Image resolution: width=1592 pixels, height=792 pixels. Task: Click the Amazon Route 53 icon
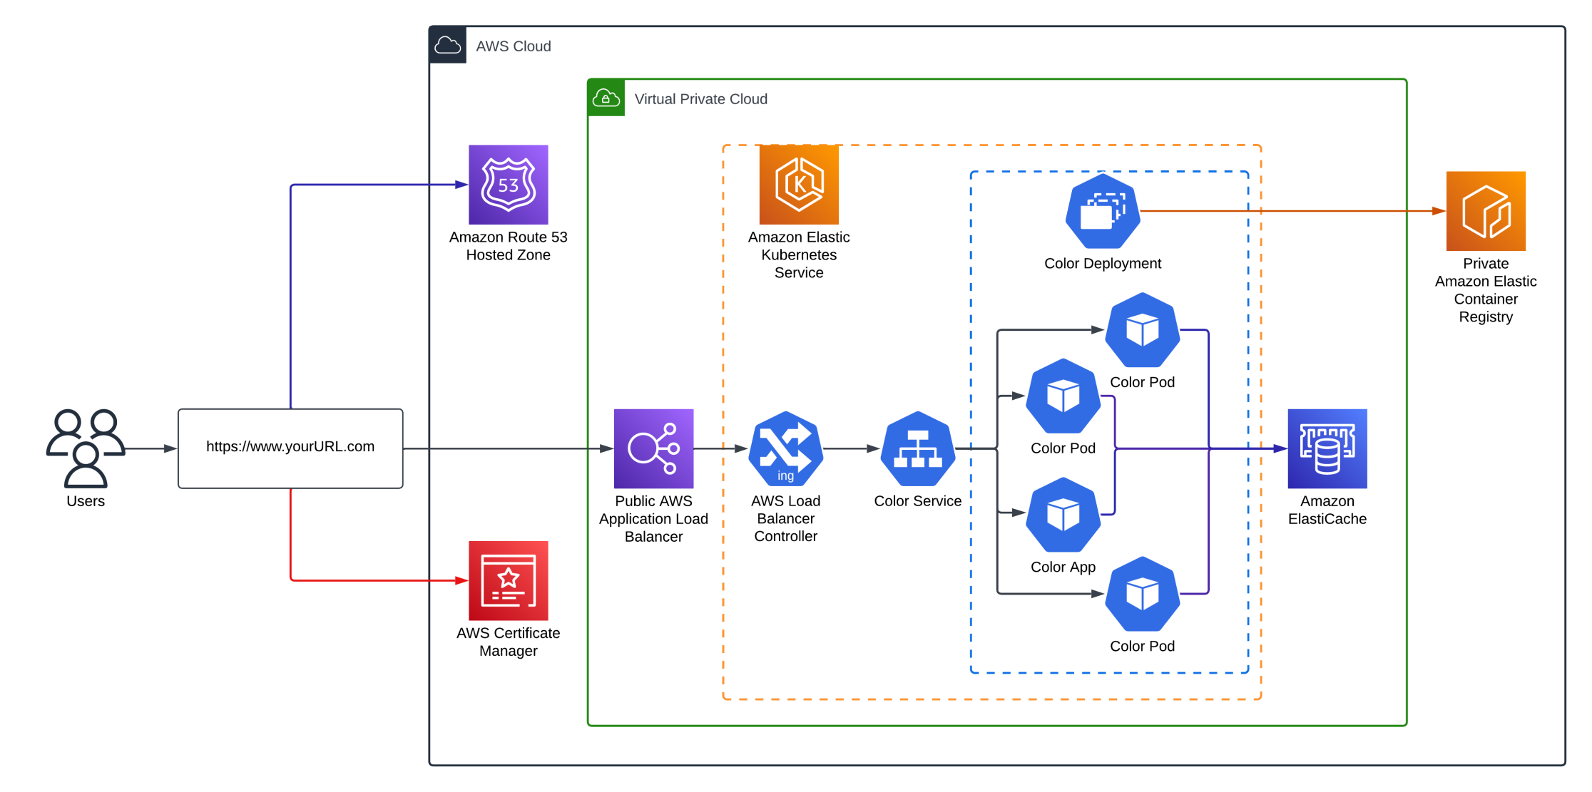tap(508, 185)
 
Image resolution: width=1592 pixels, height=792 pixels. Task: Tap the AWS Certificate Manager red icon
tap(508, 580)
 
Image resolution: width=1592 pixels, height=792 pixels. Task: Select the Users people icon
tap(86, 448)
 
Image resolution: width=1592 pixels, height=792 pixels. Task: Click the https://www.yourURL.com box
tap(290, 448)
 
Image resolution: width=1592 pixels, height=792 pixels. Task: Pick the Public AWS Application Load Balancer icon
tap(653, 448)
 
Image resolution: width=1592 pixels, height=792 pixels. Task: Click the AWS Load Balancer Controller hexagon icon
tap(785, 449)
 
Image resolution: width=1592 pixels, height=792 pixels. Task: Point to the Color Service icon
tap(918, 449)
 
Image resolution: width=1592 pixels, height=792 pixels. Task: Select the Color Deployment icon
tap(1102, 211)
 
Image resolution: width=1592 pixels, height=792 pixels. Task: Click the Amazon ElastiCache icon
tap(1327, 448)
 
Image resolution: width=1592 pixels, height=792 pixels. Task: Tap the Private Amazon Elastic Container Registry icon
tap(1486, 211)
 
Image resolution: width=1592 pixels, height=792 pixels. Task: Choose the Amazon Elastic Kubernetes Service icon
tap(799, 185)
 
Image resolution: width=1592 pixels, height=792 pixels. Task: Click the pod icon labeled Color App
tap(1063, 514)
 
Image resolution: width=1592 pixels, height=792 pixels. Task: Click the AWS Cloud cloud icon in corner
tap(448, 46)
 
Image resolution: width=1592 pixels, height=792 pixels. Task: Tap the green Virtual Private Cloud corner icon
tap(606, 98)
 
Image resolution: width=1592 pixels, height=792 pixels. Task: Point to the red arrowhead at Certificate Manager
tap(461, 580)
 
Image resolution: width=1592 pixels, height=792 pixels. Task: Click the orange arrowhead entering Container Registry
tap(1439, 211)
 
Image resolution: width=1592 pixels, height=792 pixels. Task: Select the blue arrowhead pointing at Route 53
tap(461, 185)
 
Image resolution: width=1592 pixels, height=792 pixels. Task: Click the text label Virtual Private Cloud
tap(700, 99)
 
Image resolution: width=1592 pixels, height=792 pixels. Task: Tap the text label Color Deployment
tap(1102, 264)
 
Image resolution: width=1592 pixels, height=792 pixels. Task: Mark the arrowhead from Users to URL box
tap(170, 448)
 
